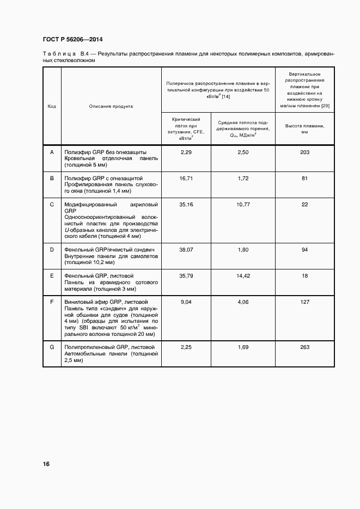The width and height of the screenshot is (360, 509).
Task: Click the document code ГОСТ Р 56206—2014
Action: pos(73,40)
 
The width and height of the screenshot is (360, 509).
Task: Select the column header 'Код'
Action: pos(52,106)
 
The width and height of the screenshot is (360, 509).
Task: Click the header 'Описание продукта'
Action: pos(111,106)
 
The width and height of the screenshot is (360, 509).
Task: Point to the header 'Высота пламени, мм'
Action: pos(304,128)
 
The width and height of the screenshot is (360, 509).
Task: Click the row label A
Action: pos(52,152)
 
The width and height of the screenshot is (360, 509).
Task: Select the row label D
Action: pos(52,249)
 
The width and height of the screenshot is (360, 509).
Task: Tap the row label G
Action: pos(52,347)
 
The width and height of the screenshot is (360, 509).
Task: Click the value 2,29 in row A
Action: pos(186,152)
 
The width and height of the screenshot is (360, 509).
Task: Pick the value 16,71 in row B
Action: pos(186,178)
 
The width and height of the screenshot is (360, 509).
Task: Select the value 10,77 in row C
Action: pos(243,204)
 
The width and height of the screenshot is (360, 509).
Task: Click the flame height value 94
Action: pos(304,249)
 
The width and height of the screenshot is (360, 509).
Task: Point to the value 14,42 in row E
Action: pos(243,276)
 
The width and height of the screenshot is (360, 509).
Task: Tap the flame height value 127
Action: pos(304,302)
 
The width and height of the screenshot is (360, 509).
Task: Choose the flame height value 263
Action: pos(304,347)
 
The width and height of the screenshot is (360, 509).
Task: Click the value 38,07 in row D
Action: pos(186,249)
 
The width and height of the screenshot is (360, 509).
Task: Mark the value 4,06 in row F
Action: pos(243,302)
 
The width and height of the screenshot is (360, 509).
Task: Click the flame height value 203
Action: pos(304,152)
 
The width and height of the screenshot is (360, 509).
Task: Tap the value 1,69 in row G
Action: pos(243,347)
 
